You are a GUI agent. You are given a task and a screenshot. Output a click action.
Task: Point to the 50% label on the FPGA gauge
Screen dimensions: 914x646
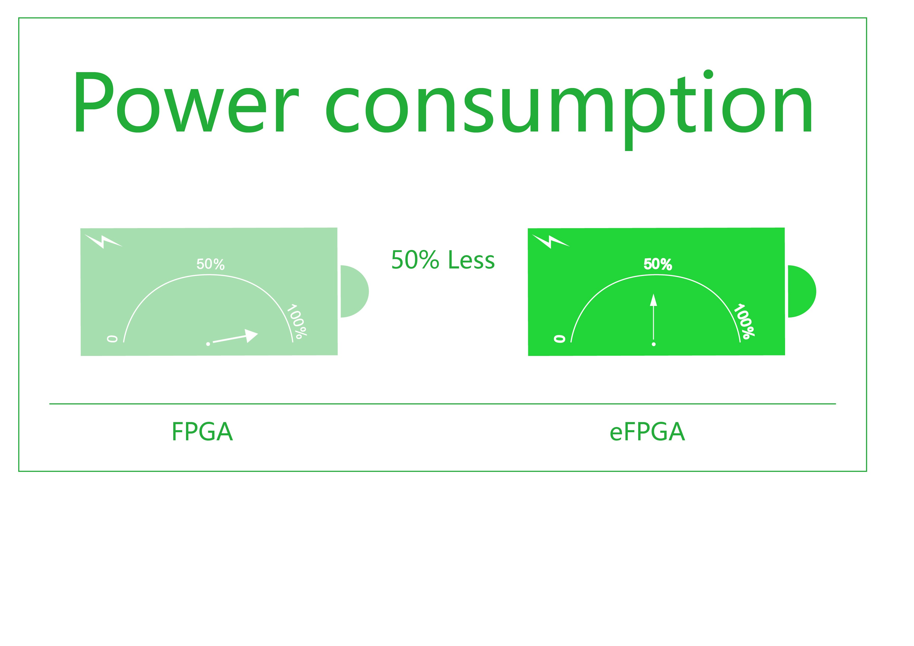tap(210, 264)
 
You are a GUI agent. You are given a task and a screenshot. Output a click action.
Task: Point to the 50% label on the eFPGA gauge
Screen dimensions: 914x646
tap(658, 264)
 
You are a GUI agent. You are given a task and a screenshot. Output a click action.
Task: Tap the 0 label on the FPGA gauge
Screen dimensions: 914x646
tap(112, 339)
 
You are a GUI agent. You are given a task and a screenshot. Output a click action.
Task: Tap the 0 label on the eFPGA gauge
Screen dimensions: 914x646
tap(559, 339)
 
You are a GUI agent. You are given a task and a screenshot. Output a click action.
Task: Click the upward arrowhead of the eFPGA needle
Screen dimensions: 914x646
tap(653, 300)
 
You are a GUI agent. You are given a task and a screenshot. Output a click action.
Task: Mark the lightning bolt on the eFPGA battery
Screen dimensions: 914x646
tap(550, 241)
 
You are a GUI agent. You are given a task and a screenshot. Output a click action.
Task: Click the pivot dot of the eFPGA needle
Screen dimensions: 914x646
tap(653, 344)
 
